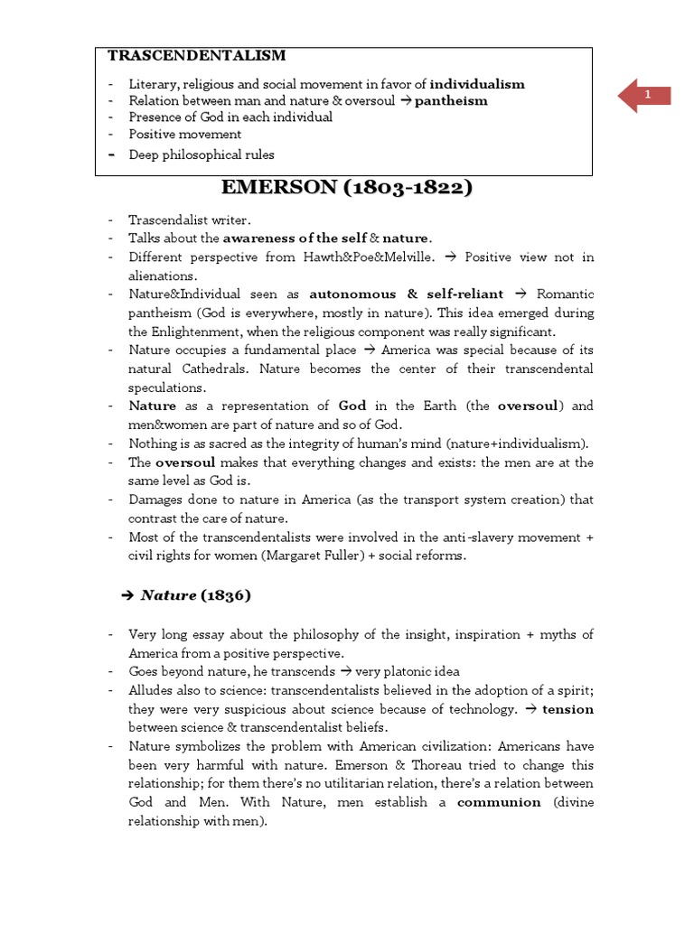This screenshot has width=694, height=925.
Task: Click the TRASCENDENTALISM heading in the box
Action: click(196, 56)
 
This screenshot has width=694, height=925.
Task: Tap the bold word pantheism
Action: click(451, 101)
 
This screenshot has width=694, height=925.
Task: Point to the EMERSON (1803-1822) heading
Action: click(347, 189)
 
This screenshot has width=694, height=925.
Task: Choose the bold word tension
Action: click(567, 709)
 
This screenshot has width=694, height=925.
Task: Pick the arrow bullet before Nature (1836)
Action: click(127, 595)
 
